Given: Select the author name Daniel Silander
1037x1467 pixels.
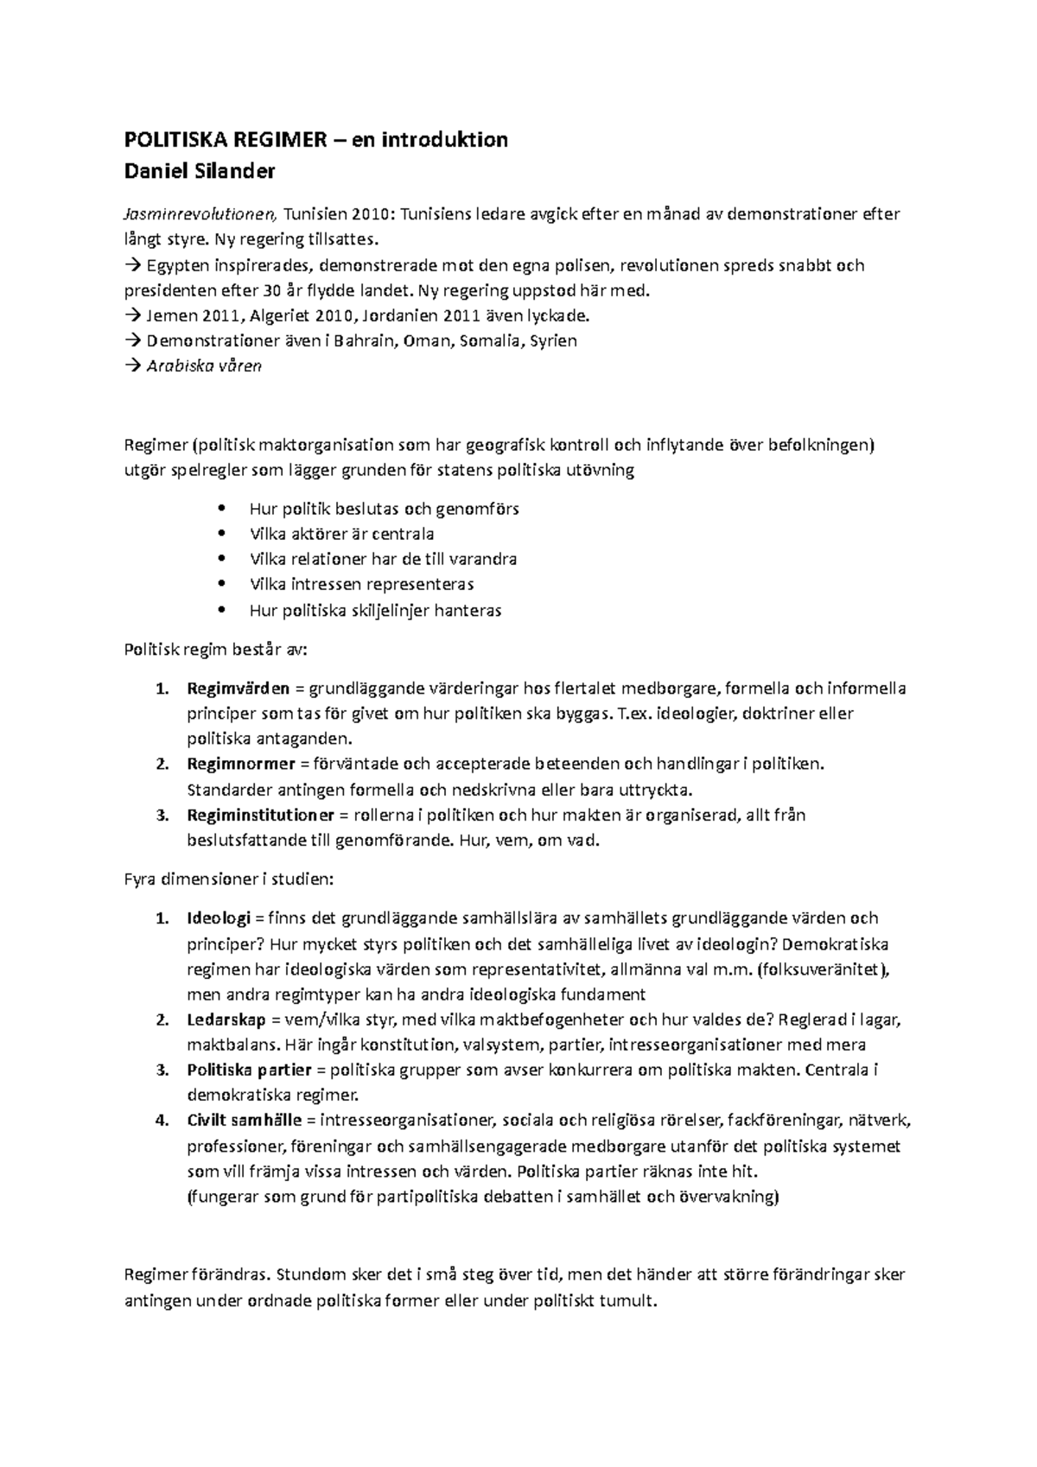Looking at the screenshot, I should (200, 171).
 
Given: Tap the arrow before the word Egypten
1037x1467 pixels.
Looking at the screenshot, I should (132, 265).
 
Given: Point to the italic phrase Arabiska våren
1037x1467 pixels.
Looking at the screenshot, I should (204, 365).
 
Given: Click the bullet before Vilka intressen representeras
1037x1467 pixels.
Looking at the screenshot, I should (222, 584).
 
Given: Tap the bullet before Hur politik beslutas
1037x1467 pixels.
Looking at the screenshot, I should (222, 509).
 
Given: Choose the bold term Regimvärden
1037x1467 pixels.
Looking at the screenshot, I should (239, 689).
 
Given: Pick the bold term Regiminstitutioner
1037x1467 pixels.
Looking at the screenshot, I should (260, 815).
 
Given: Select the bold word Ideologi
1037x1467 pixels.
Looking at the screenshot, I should (219, 918).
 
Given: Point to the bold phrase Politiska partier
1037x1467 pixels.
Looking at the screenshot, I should (249, 1070).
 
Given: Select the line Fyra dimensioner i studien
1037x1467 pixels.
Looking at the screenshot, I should (228, 880).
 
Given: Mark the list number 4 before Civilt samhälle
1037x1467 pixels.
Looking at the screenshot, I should (160, 1121).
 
